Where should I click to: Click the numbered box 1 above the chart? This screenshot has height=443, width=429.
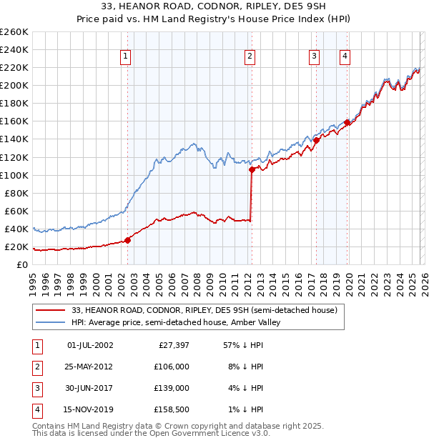pos(126,56)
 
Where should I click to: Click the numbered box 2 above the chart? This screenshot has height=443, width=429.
pos(250,56)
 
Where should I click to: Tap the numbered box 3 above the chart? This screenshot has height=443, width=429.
pos(314,56)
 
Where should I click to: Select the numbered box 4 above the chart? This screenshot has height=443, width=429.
pos(345,56)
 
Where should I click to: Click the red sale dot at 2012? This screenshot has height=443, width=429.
pos(252,170)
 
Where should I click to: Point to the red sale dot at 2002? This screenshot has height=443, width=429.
pos(128,240)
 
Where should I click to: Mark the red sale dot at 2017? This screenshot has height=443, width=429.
pos(316,140)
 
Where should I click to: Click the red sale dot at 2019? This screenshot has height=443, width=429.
pos(347,122)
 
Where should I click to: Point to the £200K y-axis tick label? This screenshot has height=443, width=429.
pos(14,85)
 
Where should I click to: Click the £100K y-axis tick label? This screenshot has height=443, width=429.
pos(14,175)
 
